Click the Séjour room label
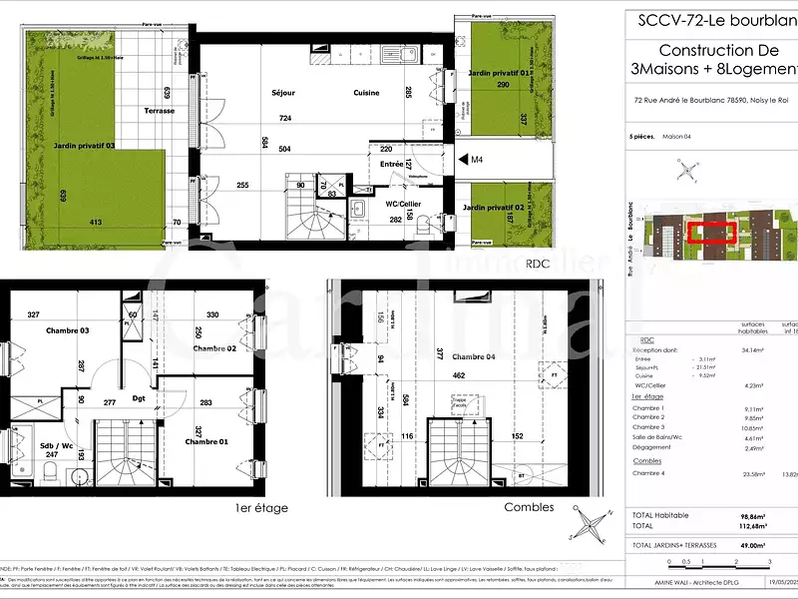pyautogui.click(x=283, y=93)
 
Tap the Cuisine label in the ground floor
pyautogui.click(x=366, y=93)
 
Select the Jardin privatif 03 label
pyautogui.click(x=84, y=146)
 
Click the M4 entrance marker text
pyautogui.click(x=476, y=159)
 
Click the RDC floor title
pyautogui.click(x=539, y=264)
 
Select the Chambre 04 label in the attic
pyautogui.click(x=475, y=356)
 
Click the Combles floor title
pyautogui.click(x=530, y=507)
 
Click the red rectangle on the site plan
pyautogui.click(x=711, y=234)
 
